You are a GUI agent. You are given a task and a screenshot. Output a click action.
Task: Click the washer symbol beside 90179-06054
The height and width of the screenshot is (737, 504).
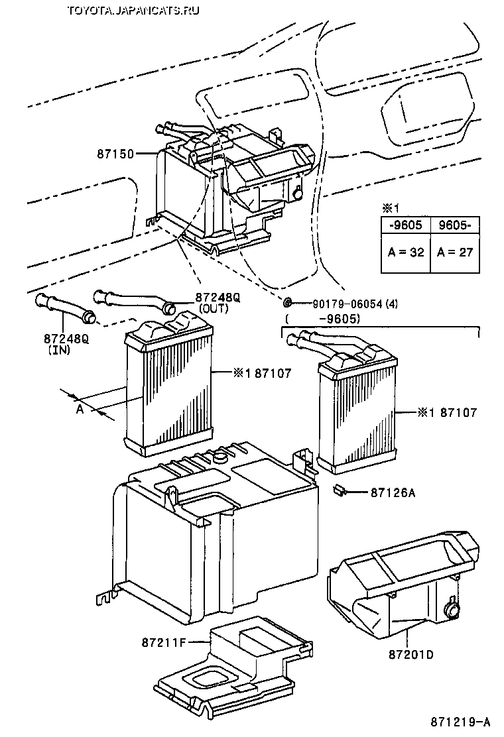pos(287,303)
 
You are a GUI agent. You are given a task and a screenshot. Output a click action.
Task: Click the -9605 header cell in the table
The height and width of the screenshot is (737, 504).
pos(405,224)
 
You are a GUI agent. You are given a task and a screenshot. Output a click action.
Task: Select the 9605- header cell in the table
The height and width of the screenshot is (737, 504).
pos(455,224)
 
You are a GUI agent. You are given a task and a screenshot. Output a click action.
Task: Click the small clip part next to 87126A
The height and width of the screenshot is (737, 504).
pos(340,491)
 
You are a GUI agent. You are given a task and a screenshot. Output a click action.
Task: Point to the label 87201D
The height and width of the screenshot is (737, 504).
pos(411,654)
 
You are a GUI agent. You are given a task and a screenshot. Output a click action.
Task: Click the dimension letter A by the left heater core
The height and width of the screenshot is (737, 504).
pos(80,410)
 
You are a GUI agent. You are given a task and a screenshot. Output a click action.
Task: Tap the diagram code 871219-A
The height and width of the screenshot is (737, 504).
pos(465,721)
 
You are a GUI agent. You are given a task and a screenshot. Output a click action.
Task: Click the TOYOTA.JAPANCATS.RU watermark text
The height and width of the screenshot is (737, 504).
pos(133,10)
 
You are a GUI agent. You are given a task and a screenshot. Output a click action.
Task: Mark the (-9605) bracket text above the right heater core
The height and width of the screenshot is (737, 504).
pos(322,319)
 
